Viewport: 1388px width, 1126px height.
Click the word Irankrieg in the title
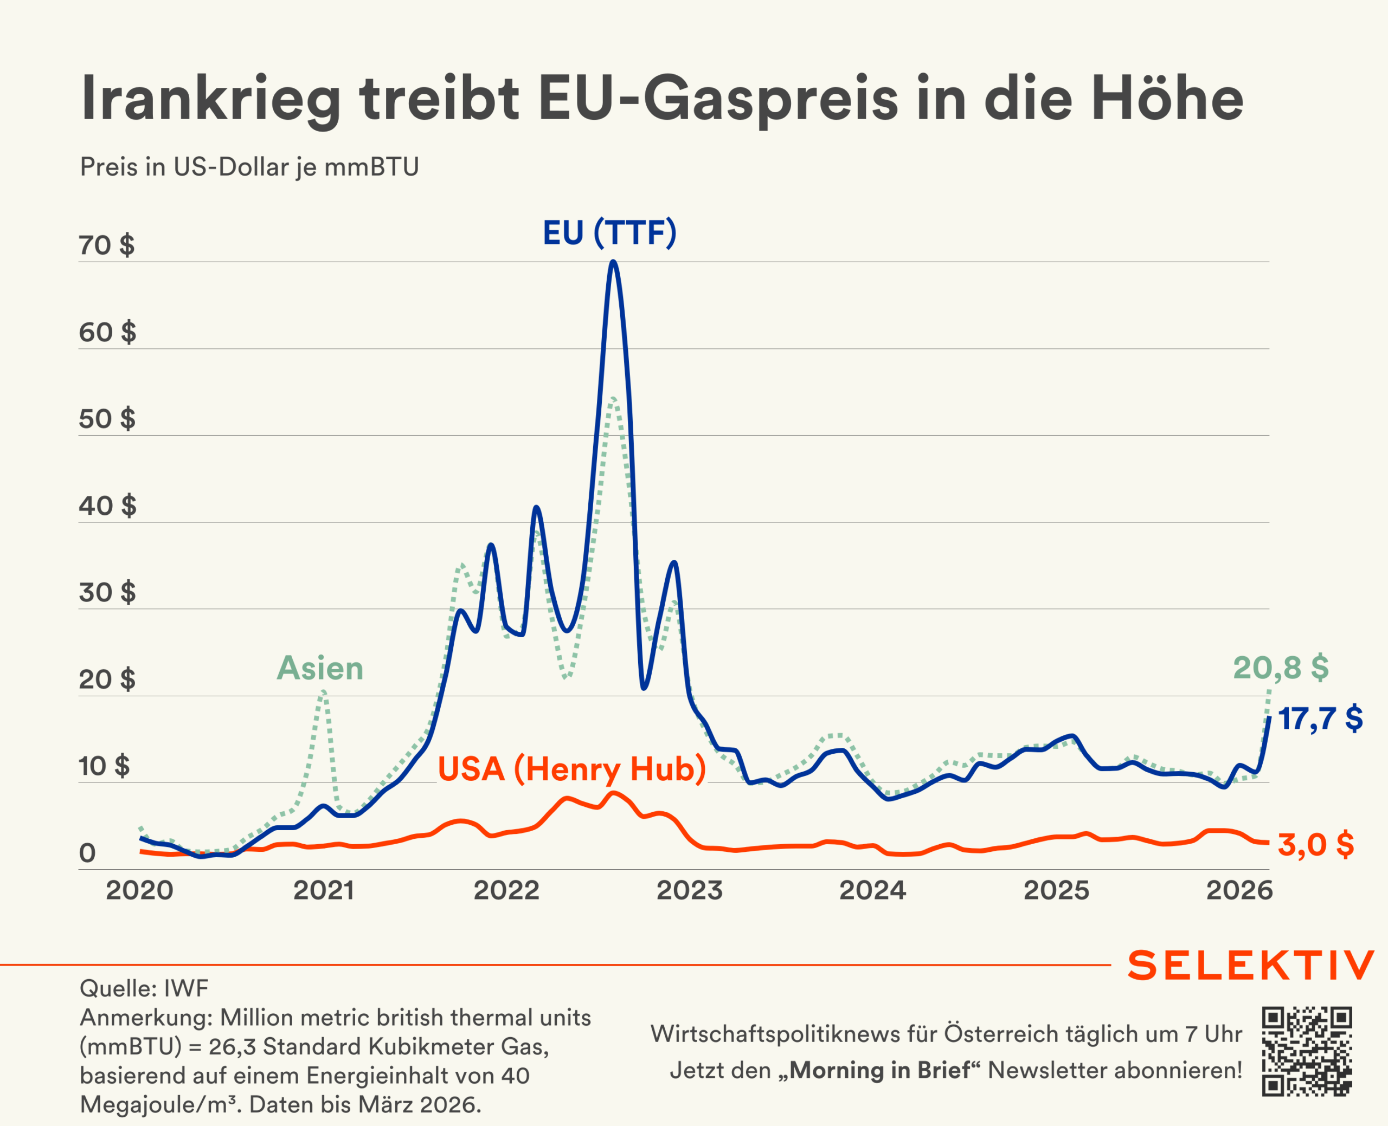coord(211,99)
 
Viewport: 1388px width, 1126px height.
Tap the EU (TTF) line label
coord(609,233)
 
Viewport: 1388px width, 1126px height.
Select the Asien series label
coord(320,668)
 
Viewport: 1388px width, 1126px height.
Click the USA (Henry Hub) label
coord(571,768)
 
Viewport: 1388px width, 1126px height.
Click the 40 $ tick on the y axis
coord(107,506)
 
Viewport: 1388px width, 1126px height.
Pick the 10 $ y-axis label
coord(104,766)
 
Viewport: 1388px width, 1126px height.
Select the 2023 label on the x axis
coord(689,890)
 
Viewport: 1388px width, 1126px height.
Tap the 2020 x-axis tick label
coord(139,890)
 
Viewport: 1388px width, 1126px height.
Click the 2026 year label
coord(1239,890)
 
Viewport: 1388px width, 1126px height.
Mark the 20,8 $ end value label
coord(1280,668)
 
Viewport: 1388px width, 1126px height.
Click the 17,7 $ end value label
coord(1320,719)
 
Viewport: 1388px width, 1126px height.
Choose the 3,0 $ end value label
coord(1315,844)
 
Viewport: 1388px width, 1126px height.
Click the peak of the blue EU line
coord(613,262)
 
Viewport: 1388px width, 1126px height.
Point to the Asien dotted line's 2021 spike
coord(323,693)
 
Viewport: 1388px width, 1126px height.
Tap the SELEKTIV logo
coord(1251,965)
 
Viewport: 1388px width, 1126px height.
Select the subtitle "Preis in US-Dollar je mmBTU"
coord(249,167)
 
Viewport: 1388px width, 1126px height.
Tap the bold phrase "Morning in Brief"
coord(879,1070)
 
